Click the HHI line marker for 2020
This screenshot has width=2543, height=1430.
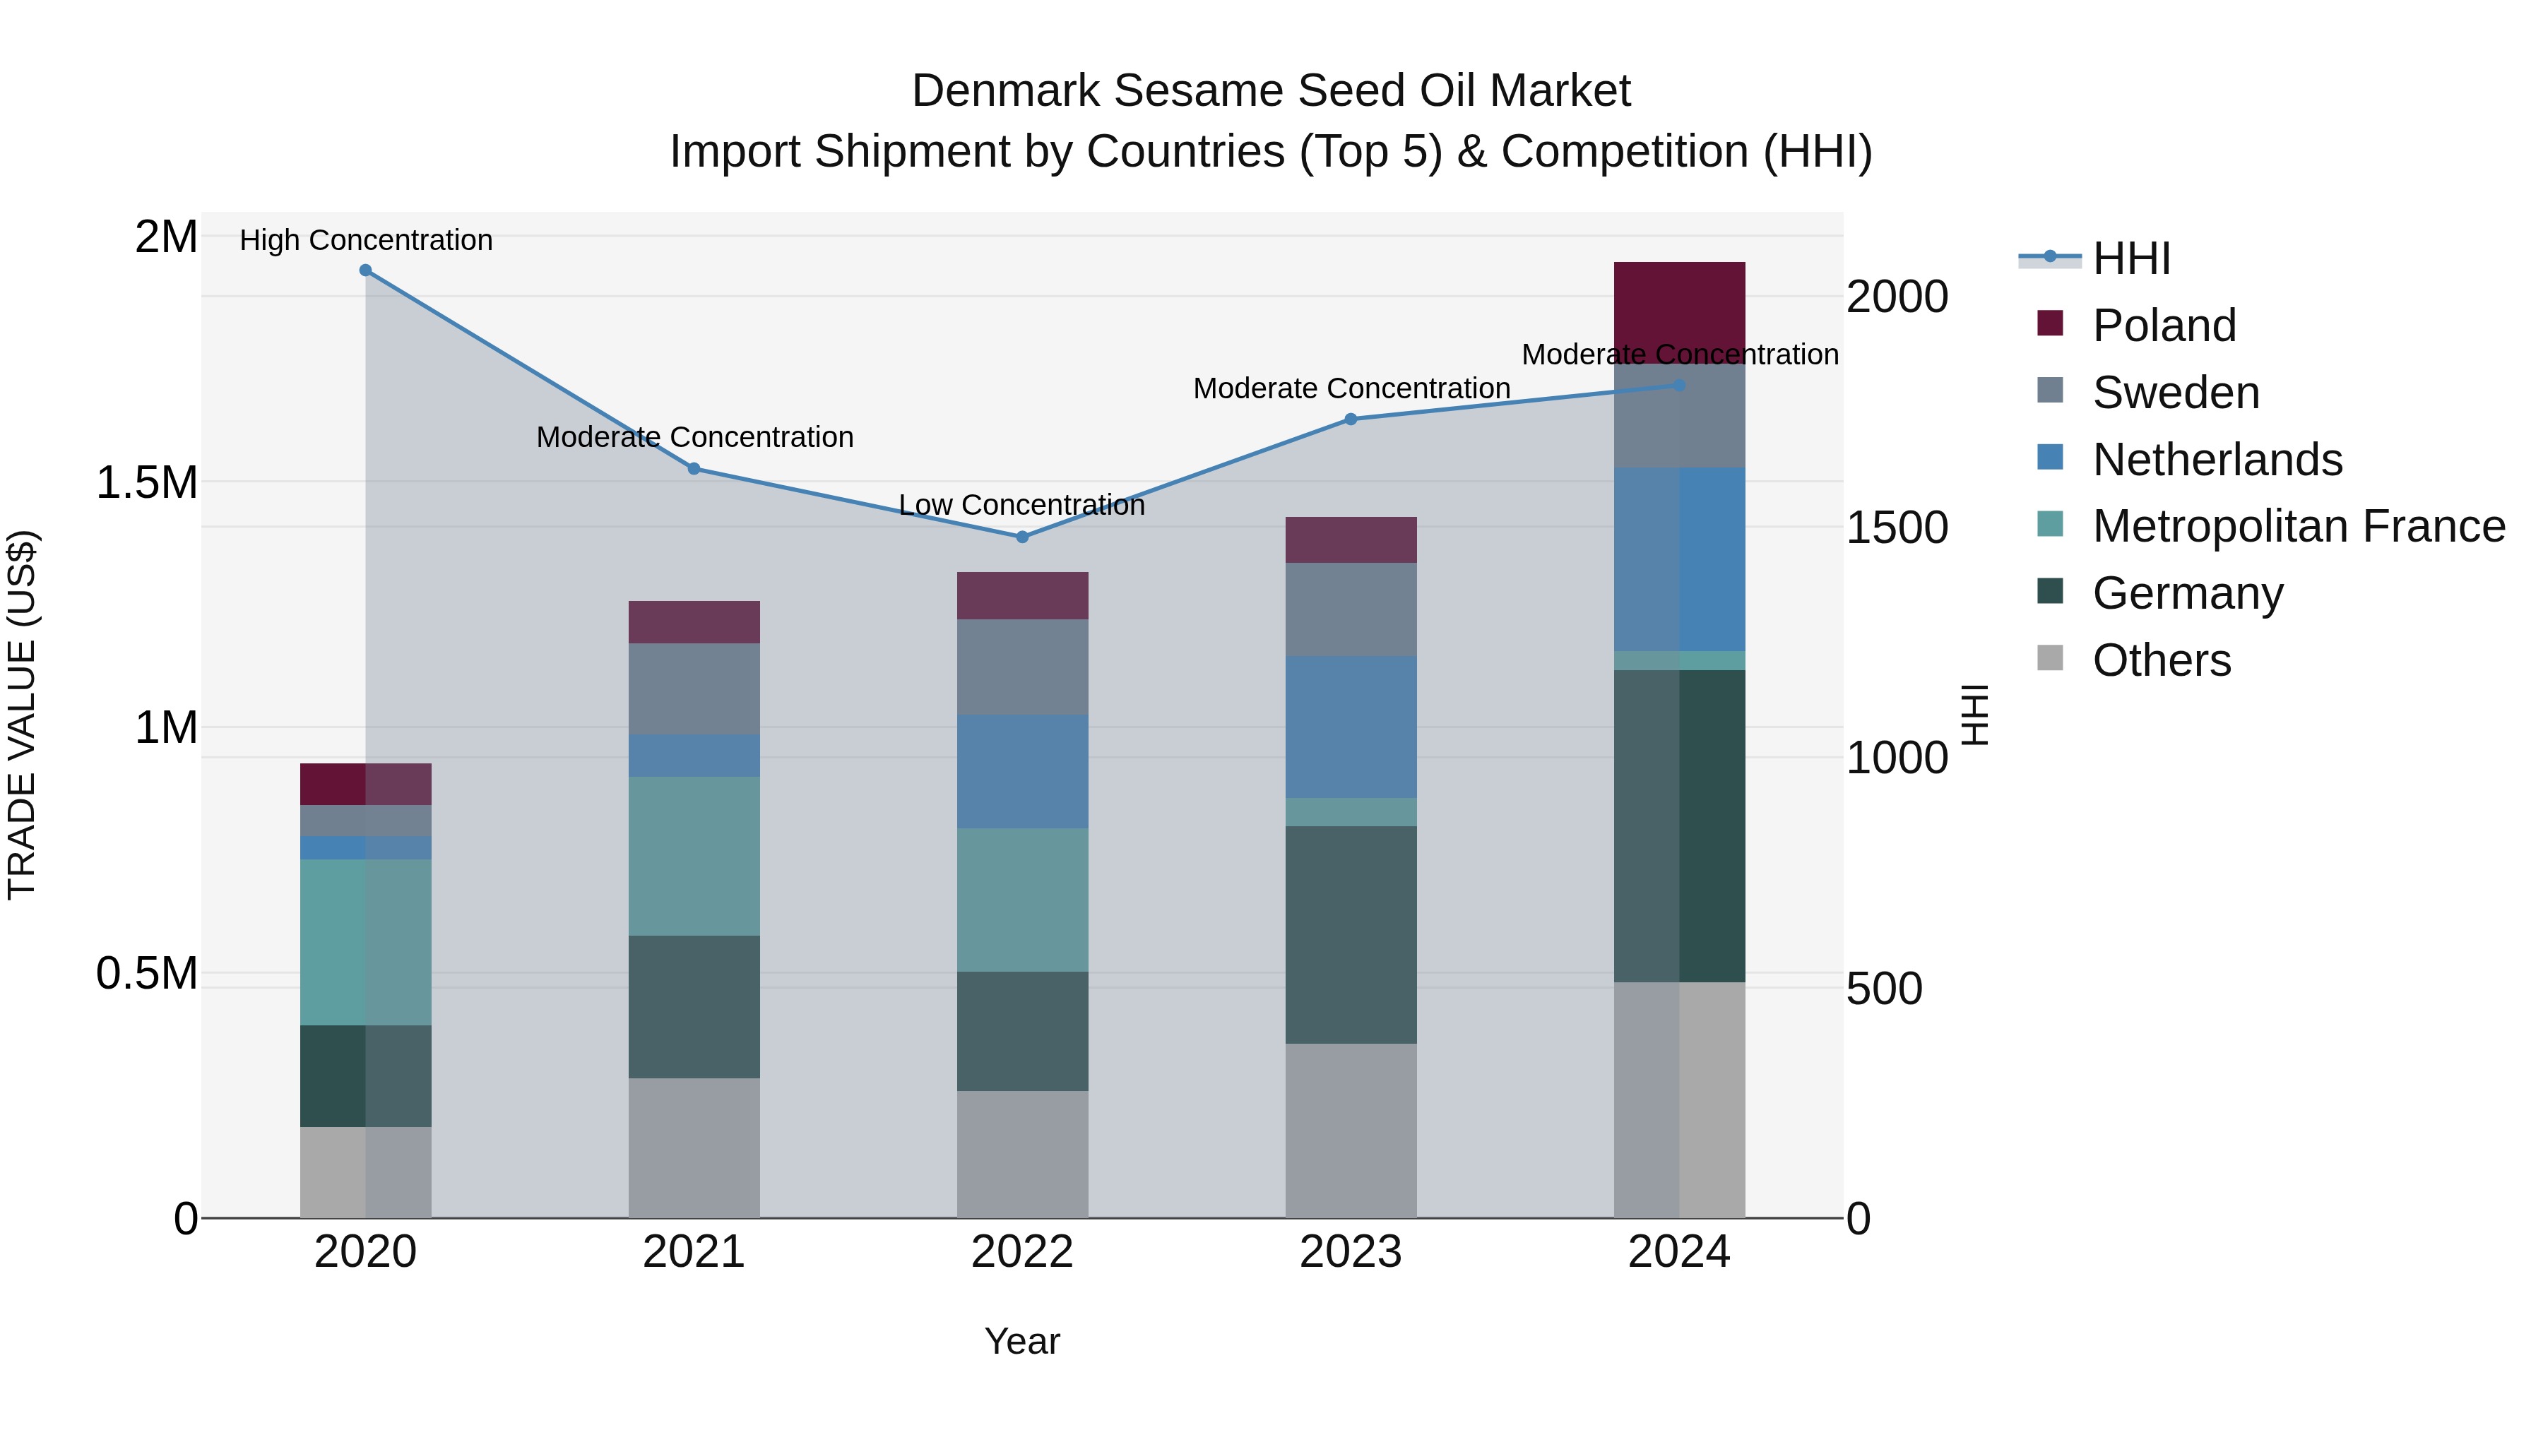click(365, 270)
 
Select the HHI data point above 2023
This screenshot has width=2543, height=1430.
click(1351, 419)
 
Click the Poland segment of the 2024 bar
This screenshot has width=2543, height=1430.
click(1679, 312)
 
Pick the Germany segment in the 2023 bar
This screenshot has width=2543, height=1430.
click(1351, 934)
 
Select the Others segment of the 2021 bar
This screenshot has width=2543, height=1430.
click(694, 1147)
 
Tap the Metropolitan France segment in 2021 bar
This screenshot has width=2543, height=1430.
click(694, 856)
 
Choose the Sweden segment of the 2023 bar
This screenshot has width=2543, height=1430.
click(1351, 610)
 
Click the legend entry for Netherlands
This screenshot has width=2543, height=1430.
click(2216, 460)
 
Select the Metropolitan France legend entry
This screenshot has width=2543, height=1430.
click(2298, 527)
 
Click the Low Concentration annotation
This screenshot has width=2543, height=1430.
click(1021, 506)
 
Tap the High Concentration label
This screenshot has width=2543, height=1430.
click(365, 241)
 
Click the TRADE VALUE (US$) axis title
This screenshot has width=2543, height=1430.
click(22, 715)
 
